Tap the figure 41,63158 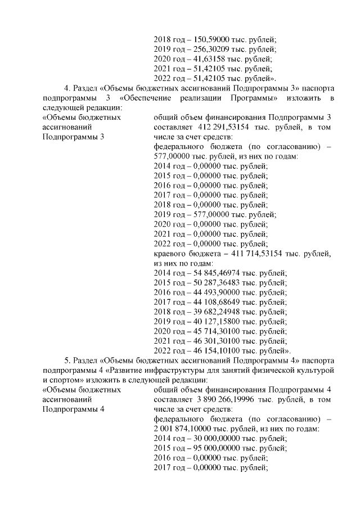pyautogui.click(x=207, y=59)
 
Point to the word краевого pyautogui.click(x=170, y=254)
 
